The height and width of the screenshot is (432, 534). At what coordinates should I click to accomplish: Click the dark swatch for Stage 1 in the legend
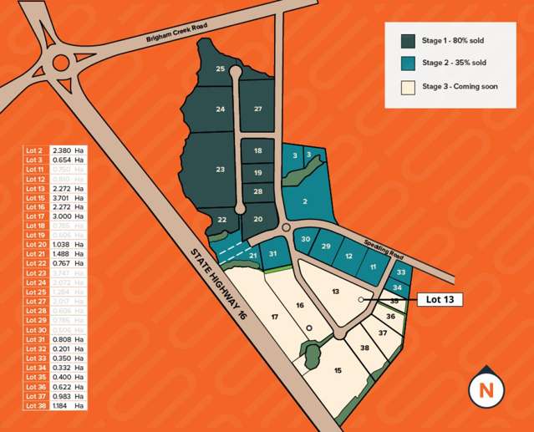pos(408,40)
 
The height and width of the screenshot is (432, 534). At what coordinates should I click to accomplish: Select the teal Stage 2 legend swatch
pos(408,63)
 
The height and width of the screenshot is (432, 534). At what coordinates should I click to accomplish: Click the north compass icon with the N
pos(486,389)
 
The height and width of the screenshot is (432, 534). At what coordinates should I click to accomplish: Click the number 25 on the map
pos(221,69)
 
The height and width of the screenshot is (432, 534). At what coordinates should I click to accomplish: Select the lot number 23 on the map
pos(220,170)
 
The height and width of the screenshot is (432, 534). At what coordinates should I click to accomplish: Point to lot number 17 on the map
pos(273,317)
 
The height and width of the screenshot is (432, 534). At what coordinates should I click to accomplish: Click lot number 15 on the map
pos(338,370)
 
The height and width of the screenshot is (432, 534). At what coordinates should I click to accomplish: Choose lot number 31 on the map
pos(272,253)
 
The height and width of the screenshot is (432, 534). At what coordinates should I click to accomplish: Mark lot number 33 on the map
pos(401,272)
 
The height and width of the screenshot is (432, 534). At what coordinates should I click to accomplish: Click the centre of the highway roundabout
pos(61,61)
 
